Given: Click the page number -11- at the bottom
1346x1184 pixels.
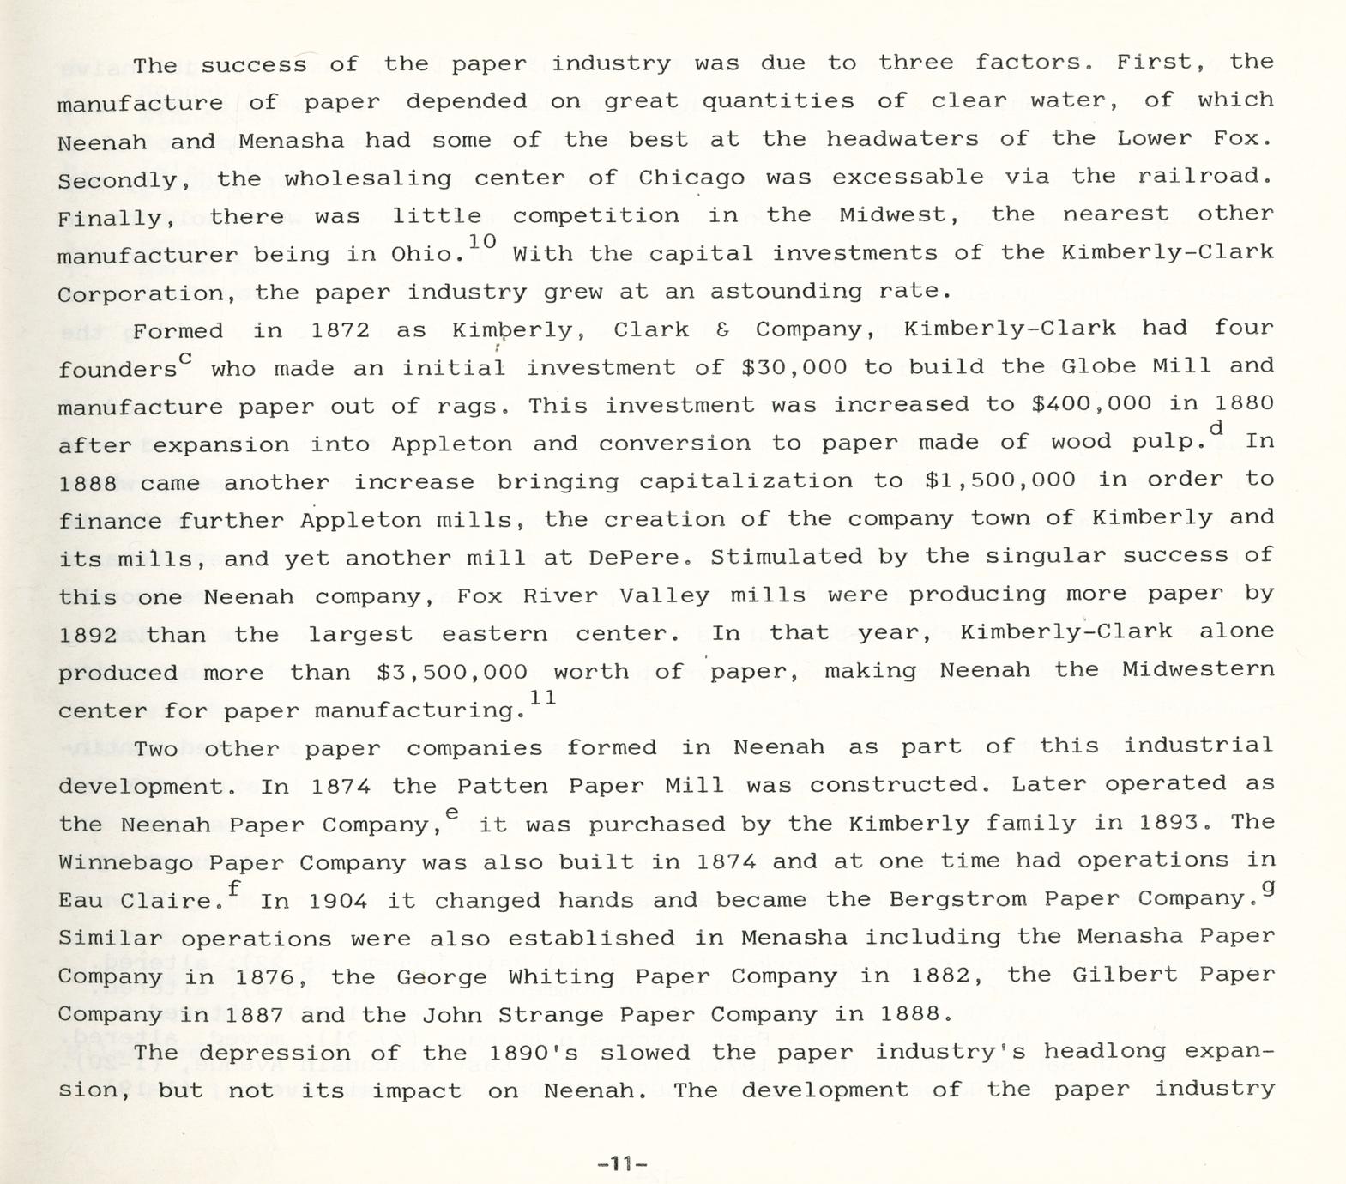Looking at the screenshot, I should (623, 1164).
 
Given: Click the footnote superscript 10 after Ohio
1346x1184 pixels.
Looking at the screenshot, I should (483, 241).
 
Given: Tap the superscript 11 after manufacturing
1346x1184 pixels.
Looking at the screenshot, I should (542, 698).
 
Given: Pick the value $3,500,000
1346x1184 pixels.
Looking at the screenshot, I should (451, 672).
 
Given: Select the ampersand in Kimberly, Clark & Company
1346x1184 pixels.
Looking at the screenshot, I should (722, 330).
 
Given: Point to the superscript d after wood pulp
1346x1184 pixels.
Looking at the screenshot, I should (1215, 428).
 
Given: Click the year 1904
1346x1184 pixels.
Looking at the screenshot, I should (338, 901).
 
